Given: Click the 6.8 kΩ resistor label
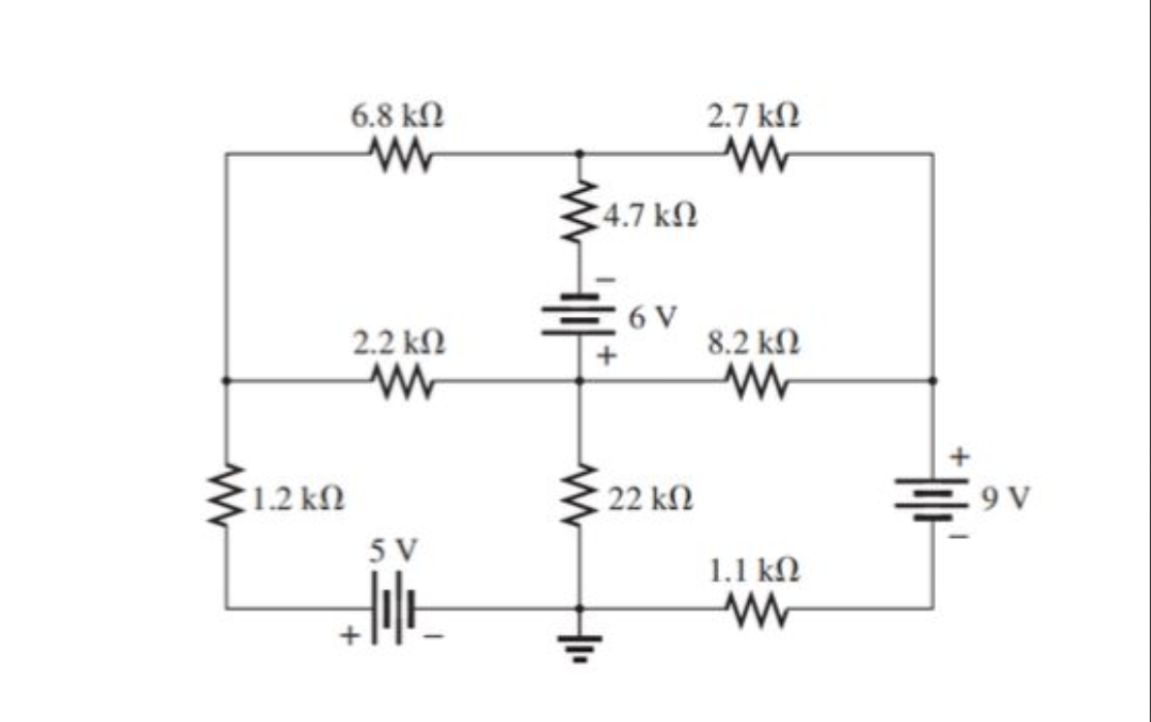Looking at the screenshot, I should pos(398,116).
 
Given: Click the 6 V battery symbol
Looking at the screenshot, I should pos(579,315).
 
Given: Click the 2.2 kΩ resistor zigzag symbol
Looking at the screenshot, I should pos(398,381).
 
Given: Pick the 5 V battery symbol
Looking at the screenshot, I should pos(398,609).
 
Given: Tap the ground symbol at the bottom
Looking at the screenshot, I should pos(579,642).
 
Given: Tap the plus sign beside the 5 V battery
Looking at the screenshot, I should pos(349,637).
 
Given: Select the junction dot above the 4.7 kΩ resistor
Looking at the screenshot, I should pos(579,153).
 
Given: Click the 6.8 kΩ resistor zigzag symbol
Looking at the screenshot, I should pos(398,152).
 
